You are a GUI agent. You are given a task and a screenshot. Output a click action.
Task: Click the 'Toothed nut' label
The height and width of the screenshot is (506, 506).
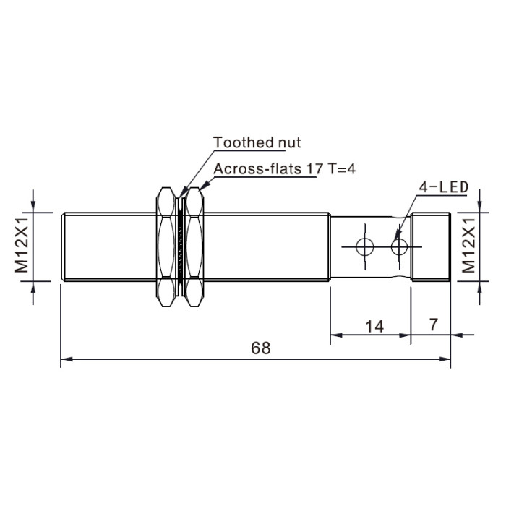point(257,142)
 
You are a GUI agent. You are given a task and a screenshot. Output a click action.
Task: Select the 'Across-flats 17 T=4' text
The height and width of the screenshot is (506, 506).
point(285,168)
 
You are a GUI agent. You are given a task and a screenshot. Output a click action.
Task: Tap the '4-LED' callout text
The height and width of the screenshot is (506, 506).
point(444,187)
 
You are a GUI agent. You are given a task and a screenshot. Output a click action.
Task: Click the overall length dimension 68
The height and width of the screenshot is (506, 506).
point(261,348)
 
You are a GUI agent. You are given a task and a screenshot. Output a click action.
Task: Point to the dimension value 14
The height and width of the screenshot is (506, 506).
point(374,327)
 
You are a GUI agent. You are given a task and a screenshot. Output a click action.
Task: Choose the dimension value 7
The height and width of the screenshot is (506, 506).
point(434,325)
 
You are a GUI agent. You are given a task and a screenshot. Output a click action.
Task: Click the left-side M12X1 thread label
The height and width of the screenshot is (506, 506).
point(22,245)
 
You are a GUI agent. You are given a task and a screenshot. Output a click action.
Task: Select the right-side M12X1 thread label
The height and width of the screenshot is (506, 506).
point(468,245)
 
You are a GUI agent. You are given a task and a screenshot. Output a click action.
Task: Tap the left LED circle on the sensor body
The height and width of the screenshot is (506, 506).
point(365,247)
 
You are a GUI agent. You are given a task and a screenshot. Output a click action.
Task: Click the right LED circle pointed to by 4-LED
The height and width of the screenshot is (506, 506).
point(400,247)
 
